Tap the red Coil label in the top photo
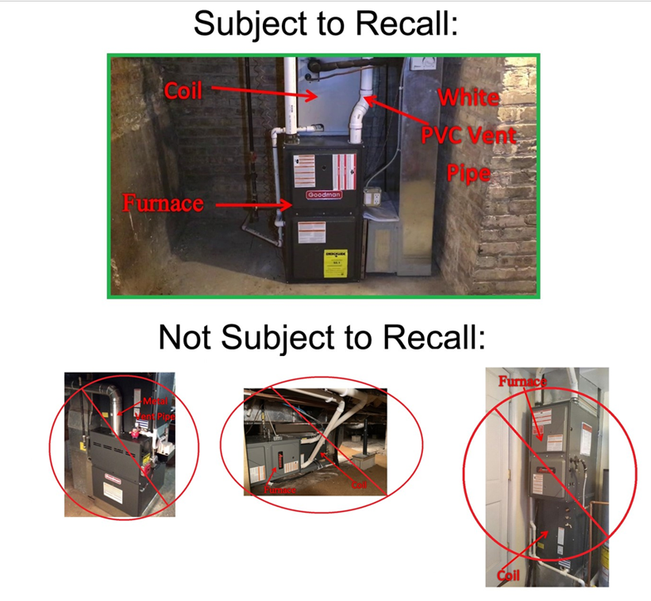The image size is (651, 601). pos(183,91)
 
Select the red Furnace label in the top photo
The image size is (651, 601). pos(163,203)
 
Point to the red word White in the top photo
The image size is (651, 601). pos(468,98)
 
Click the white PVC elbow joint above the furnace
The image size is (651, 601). pos(364,104)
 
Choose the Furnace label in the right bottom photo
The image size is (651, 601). pos(522,382)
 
